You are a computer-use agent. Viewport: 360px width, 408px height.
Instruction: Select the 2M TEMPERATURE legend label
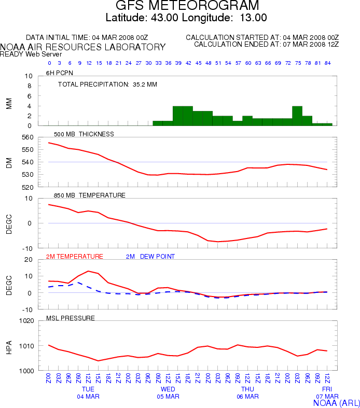click(x=75, y=256)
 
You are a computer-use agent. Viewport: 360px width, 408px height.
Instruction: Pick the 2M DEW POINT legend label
click(x=150, y=256)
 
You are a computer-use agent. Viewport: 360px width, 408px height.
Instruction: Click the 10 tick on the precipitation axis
click(x=29, y=76)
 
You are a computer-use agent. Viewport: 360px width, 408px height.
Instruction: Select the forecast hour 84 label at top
click(x=327, y=63)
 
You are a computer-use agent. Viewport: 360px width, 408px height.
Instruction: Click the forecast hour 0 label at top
click(x=49, y=63)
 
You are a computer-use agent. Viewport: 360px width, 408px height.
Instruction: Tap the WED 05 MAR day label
click(x=168, y=392)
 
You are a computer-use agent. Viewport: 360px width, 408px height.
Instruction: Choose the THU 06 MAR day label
click(x=247, y=392)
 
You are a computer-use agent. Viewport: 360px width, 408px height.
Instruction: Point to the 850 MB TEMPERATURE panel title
click(x=90, y=195)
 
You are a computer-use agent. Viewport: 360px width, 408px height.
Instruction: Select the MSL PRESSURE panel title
click(x=71, y=317)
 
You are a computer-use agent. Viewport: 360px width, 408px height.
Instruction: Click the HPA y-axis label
click(x=9, y=346)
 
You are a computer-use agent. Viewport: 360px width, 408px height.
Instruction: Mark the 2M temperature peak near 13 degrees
click(x=88, y=271)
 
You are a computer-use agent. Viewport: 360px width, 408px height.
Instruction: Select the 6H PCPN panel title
click(x=58, y=73)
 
